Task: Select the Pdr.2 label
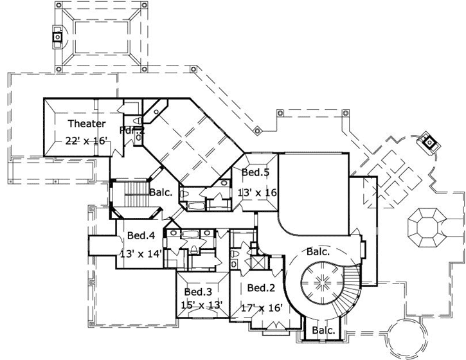point(132,130)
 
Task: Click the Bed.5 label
point(255,172)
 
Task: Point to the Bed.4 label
point(141,235)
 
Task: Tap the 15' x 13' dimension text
point(201,305)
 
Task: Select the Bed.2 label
point(261,287)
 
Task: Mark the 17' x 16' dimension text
point(262,307)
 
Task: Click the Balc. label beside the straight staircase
point(160,192)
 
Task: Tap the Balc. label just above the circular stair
point(318,252)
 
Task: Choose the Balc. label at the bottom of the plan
point(323,331)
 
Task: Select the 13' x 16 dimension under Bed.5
point(257,193)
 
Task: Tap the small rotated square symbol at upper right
point(426,141)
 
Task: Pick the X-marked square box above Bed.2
point(258,262)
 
